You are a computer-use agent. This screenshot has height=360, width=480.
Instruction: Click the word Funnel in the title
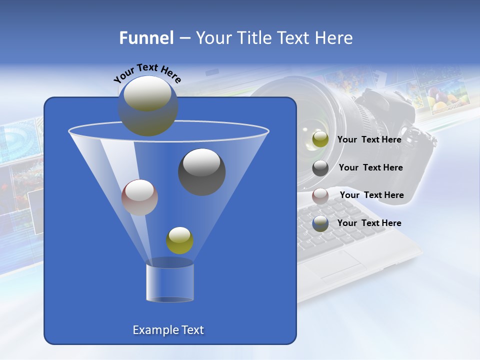click(146, 38)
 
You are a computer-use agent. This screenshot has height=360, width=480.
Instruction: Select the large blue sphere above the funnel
click(147, 106)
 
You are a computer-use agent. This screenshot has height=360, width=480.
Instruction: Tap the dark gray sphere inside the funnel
click(201, 172)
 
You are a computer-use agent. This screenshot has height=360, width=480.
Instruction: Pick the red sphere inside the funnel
click(139, 197)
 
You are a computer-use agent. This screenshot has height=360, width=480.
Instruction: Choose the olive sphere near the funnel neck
click(179, 240)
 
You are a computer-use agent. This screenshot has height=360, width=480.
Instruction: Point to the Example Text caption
click(168, 330)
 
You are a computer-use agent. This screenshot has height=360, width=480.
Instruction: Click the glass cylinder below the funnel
click(170, 282)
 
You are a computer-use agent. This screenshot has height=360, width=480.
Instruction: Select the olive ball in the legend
click(320, 139)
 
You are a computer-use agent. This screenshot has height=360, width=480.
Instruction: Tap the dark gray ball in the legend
click(320, 168)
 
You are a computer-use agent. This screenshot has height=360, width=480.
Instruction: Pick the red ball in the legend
click(320, 196)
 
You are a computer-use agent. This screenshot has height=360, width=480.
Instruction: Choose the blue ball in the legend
click(320, 223)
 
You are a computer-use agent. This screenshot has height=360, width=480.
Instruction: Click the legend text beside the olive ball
click(369, 139)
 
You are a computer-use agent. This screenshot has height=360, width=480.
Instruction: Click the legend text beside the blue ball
click(369, 223)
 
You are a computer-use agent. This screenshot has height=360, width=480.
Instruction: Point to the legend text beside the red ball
click(371, 195)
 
